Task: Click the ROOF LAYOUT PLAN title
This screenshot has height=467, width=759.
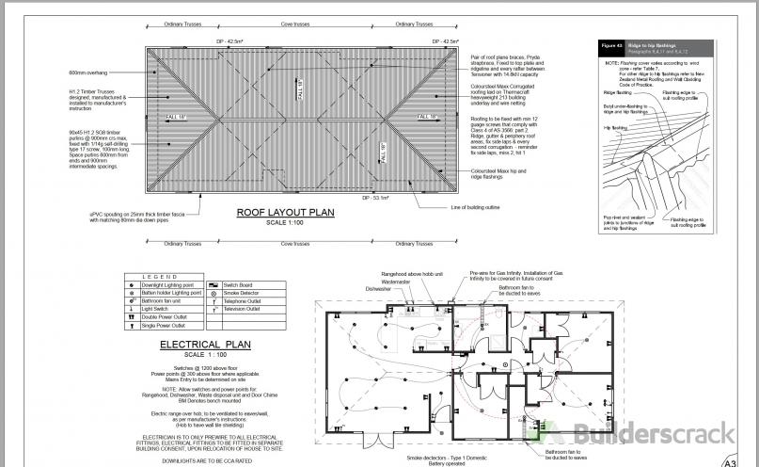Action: [285, 213]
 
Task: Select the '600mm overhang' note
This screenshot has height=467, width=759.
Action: [89, 72]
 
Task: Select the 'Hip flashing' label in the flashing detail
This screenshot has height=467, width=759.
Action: [615, 126]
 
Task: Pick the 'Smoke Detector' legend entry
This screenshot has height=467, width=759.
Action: [242, 292]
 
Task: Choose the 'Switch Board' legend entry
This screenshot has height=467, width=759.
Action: [239, 283]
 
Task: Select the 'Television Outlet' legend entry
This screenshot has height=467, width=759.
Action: [244, 309]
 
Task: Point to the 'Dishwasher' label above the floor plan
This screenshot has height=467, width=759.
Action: [378, 289]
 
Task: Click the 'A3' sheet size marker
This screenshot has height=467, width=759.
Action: [731, 460]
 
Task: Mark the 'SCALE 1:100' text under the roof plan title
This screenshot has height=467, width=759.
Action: [285, 222]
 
